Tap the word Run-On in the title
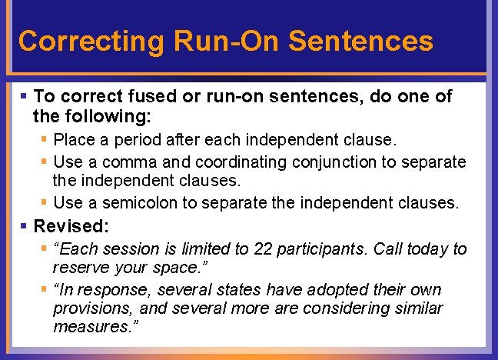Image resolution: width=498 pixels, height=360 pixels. [214, 42]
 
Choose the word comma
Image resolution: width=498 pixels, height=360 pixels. [128, 162]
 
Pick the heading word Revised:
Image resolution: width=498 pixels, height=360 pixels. [71, 226]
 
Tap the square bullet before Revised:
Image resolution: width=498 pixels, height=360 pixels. [25, 227]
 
